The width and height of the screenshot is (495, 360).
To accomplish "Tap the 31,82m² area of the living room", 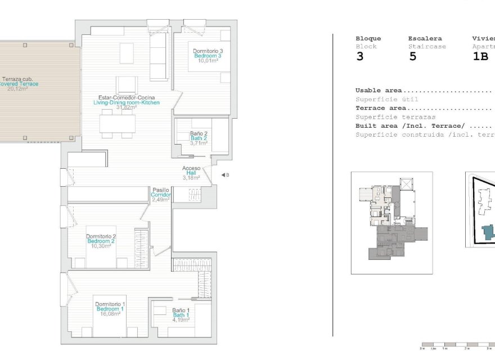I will coord(127,107).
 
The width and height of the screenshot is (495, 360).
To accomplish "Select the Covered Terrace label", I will coord(21,84).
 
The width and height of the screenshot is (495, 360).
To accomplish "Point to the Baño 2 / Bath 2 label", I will coord(199,138).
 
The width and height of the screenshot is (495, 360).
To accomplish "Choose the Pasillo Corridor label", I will coord(160,194).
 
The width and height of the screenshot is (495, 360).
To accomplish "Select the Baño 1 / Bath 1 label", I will coord(181,314).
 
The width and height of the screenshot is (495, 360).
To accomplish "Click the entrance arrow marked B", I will coord(224,175).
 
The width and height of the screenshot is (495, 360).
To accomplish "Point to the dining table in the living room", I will coord(117,123).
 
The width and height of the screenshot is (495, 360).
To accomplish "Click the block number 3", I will coord(359,57).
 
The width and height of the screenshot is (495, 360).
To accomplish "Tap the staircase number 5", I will coord(412,57).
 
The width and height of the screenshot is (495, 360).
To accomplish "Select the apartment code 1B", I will coord(480,57).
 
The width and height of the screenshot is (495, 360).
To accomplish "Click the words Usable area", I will coord(379,91).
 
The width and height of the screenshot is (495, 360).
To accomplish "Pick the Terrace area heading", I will coord(381,108).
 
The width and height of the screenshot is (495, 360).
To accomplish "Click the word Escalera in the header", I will coord(425,39).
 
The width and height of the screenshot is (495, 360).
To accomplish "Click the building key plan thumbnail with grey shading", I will coord(392,223).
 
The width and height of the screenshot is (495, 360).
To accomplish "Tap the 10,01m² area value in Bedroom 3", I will coord(207,61).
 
